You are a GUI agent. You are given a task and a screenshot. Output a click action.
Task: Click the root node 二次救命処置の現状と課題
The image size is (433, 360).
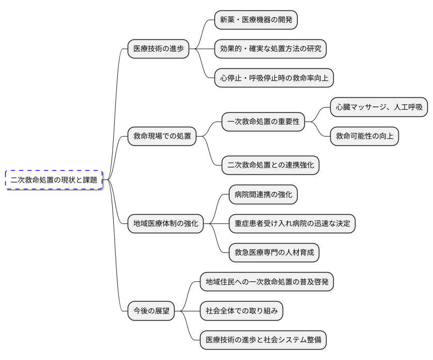click(x=54, y=180)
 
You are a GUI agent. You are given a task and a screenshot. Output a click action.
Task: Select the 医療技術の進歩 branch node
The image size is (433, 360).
click(x=158, y=49)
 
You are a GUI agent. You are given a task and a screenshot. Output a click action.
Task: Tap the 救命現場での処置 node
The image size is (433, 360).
click(x=162, y=137)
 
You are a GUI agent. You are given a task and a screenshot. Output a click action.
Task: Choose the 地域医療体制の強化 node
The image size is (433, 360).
click(x=165, y=224)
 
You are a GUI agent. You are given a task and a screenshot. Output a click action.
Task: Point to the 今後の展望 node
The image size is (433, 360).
click(x=151, y=311)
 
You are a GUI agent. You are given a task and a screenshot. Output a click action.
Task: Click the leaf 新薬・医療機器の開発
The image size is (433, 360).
click(x=256, y=20)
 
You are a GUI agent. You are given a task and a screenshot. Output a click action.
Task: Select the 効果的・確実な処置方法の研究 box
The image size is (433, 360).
click(x=270, y=49)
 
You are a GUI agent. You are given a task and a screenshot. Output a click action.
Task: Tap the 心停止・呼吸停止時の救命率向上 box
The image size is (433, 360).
click(x=274, y=78)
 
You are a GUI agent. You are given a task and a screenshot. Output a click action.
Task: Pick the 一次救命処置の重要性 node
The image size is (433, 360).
click(x=263, y=122)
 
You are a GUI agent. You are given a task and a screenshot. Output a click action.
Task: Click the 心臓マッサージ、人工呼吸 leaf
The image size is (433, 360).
click(x=379, y=108)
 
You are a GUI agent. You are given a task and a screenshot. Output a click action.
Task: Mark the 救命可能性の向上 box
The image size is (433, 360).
click(x=364, y=137)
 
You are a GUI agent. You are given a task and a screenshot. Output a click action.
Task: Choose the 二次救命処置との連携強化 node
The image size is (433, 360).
click(x=270, y=166)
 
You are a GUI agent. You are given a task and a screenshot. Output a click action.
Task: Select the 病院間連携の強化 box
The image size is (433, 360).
click(x=263, y=194)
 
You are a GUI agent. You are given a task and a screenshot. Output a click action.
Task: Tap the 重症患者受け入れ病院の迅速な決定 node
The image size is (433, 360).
click(x=292, y=224)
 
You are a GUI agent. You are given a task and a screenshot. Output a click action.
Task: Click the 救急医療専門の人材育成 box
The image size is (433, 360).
click(x=274, y=253)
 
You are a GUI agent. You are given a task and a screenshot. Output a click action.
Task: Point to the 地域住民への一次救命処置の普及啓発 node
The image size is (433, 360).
click(x=267, y=282)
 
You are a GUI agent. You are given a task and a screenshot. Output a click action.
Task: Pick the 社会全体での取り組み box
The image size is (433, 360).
click(x=241, y=311)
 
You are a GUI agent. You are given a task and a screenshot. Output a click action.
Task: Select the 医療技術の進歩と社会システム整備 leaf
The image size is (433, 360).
click(x=263, y=340)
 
